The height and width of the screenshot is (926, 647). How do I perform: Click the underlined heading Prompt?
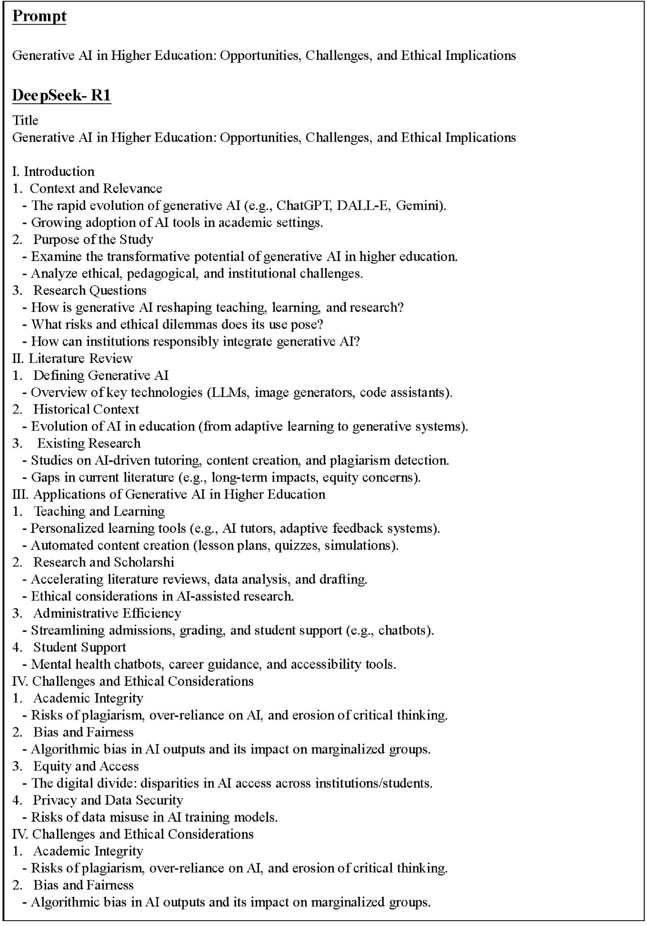point(39,16)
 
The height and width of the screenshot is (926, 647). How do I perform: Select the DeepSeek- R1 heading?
point(62,95)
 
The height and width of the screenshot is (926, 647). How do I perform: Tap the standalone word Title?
point(25,120)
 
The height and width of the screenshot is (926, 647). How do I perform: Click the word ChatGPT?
point(303,205)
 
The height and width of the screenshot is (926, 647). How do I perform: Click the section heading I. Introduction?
point(53,171)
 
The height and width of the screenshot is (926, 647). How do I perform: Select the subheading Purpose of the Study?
point(93,239)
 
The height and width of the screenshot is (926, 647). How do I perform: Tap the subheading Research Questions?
point(90,290)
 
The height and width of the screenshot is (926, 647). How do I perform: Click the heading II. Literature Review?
point(72,358)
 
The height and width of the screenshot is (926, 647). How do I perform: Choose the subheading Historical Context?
point(86,409)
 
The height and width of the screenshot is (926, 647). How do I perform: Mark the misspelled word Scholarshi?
point(144,562)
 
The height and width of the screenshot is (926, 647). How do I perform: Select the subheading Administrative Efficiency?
point(107,613)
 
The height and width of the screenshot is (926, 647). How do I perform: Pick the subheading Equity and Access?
point(86,766)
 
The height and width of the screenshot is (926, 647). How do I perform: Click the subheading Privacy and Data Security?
point(108,800)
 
